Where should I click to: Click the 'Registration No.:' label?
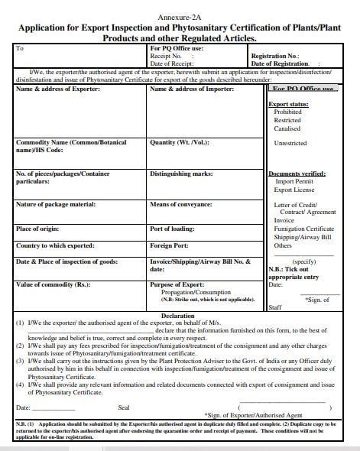click(x=277, y=56)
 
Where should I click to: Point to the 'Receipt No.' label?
click(x=165, y=56)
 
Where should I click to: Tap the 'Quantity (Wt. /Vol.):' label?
click(x=180, y=143)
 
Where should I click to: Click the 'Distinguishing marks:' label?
click(x=183, y=174)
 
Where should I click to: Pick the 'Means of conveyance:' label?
click(x=182, y=204)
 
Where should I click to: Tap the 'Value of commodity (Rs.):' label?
click(x=53, y=285)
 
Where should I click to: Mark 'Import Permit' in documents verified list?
click(x=294, y=182)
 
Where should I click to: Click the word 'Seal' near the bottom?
click(x=124, y=407)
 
